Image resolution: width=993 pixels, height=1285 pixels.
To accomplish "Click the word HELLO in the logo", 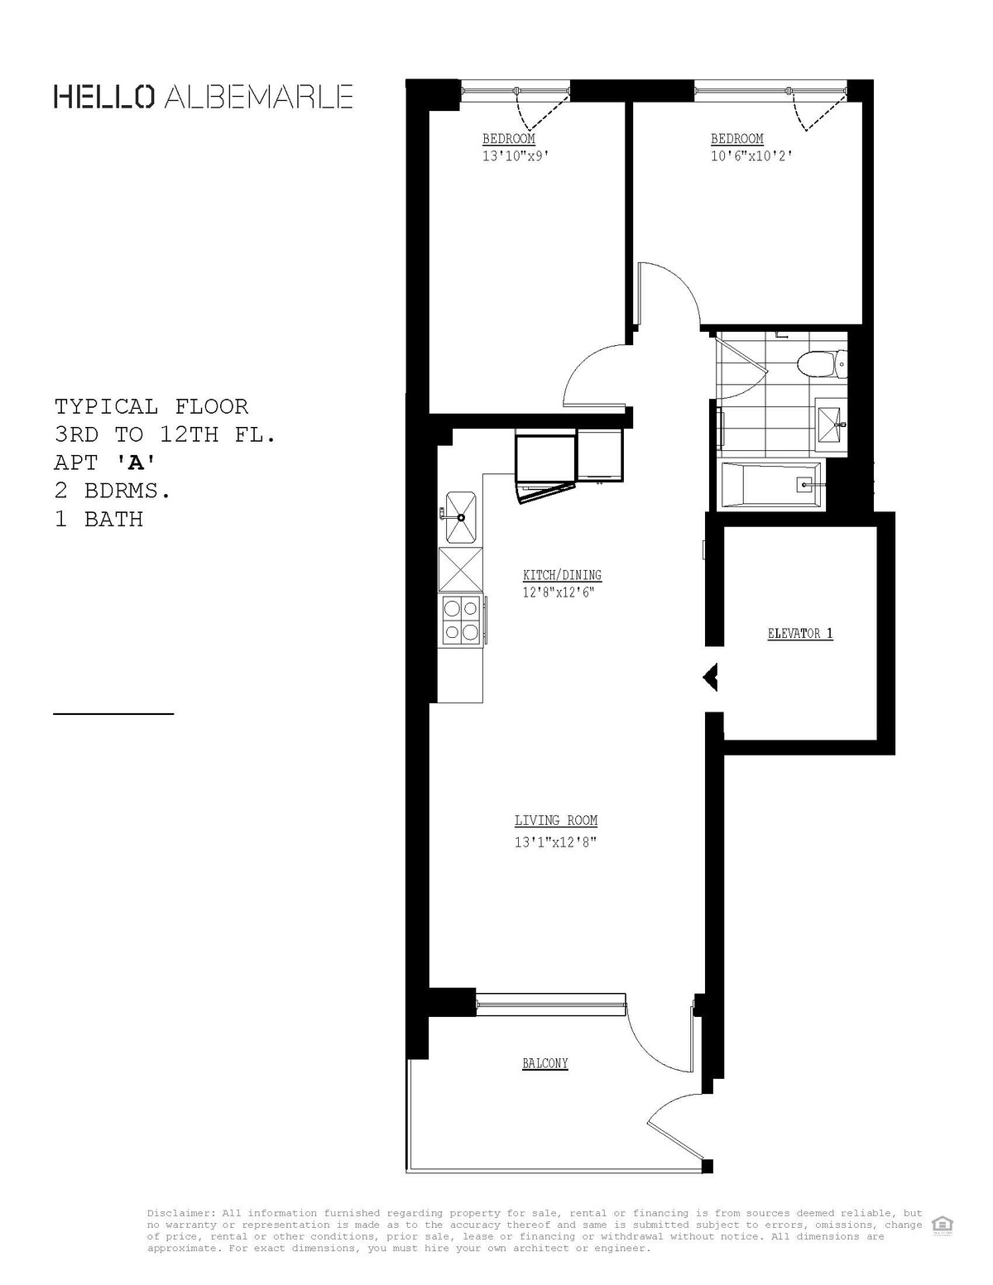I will [x=103, y=97].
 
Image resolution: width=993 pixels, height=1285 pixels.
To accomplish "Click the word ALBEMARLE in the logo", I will [x=259, y=97].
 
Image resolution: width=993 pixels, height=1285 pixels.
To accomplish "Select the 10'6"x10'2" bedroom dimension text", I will [x=751, y=156].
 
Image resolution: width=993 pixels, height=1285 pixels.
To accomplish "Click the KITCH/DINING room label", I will [x=562, y=575].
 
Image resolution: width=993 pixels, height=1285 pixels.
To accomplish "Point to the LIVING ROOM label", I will [x=556, y=821].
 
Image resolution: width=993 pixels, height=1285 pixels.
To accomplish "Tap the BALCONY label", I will [x=545, y=1063].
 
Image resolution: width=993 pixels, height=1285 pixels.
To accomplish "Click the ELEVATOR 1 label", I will [x=800, y=634].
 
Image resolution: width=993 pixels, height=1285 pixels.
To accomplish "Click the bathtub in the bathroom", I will [x=772, y=485].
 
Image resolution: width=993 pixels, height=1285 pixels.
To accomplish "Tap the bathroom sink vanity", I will [x=831, y=424].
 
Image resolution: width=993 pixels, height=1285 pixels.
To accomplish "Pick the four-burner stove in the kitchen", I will [x=461, y=620].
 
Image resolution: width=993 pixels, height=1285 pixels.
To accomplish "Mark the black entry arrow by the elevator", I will [x=710, y=678].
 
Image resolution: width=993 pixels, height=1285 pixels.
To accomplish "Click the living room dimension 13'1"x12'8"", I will [x=556, y=842].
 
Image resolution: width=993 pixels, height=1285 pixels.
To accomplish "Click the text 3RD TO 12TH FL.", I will [x=165, y=434].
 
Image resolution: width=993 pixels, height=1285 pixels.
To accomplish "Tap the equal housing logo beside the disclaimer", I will [x=941, y=1224].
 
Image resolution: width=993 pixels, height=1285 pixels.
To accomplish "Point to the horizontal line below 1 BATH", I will [x=113, y=712].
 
